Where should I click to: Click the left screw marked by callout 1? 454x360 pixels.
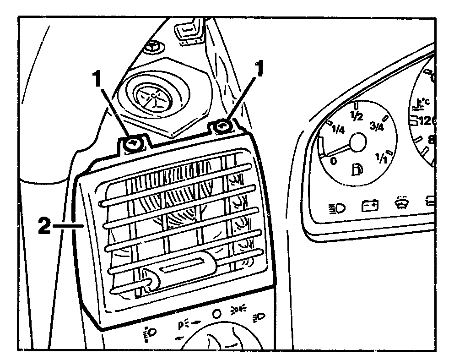133,144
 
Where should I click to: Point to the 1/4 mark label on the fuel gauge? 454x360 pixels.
339,130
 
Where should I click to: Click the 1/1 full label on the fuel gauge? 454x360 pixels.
381,158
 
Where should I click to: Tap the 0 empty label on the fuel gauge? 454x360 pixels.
334,161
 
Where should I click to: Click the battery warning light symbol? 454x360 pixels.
370,206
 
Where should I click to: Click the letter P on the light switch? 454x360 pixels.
181,326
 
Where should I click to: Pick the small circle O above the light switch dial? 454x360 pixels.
216,314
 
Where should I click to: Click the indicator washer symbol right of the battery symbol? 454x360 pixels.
402,203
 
